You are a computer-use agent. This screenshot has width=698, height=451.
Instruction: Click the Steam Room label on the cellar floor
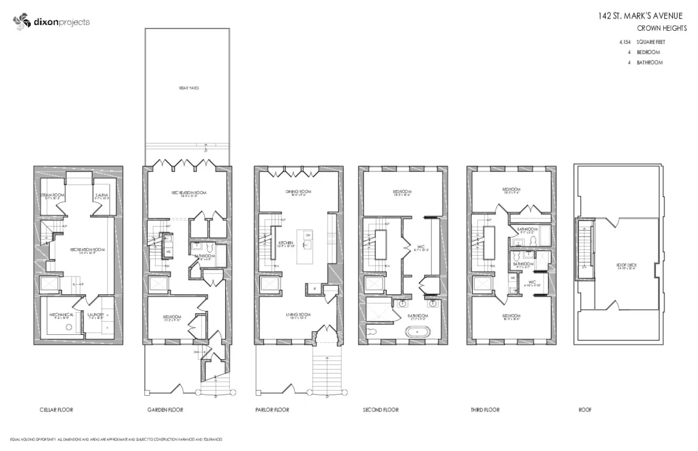coord(52,196)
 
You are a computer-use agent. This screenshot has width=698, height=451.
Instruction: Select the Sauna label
coord(102,196)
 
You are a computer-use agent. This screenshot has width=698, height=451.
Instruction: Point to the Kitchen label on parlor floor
coord(285,242)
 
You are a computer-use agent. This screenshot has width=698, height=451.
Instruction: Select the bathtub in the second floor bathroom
coord(414,333)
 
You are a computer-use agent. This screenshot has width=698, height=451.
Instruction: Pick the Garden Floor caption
coord(165,410)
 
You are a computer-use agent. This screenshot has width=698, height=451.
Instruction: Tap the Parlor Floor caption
coord(272,410)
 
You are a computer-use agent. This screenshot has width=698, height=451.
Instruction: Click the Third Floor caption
coord(485,410)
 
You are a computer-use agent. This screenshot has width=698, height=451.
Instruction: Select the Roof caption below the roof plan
coord(585,410)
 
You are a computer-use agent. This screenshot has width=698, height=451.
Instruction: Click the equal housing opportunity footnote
coord(116,440)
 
